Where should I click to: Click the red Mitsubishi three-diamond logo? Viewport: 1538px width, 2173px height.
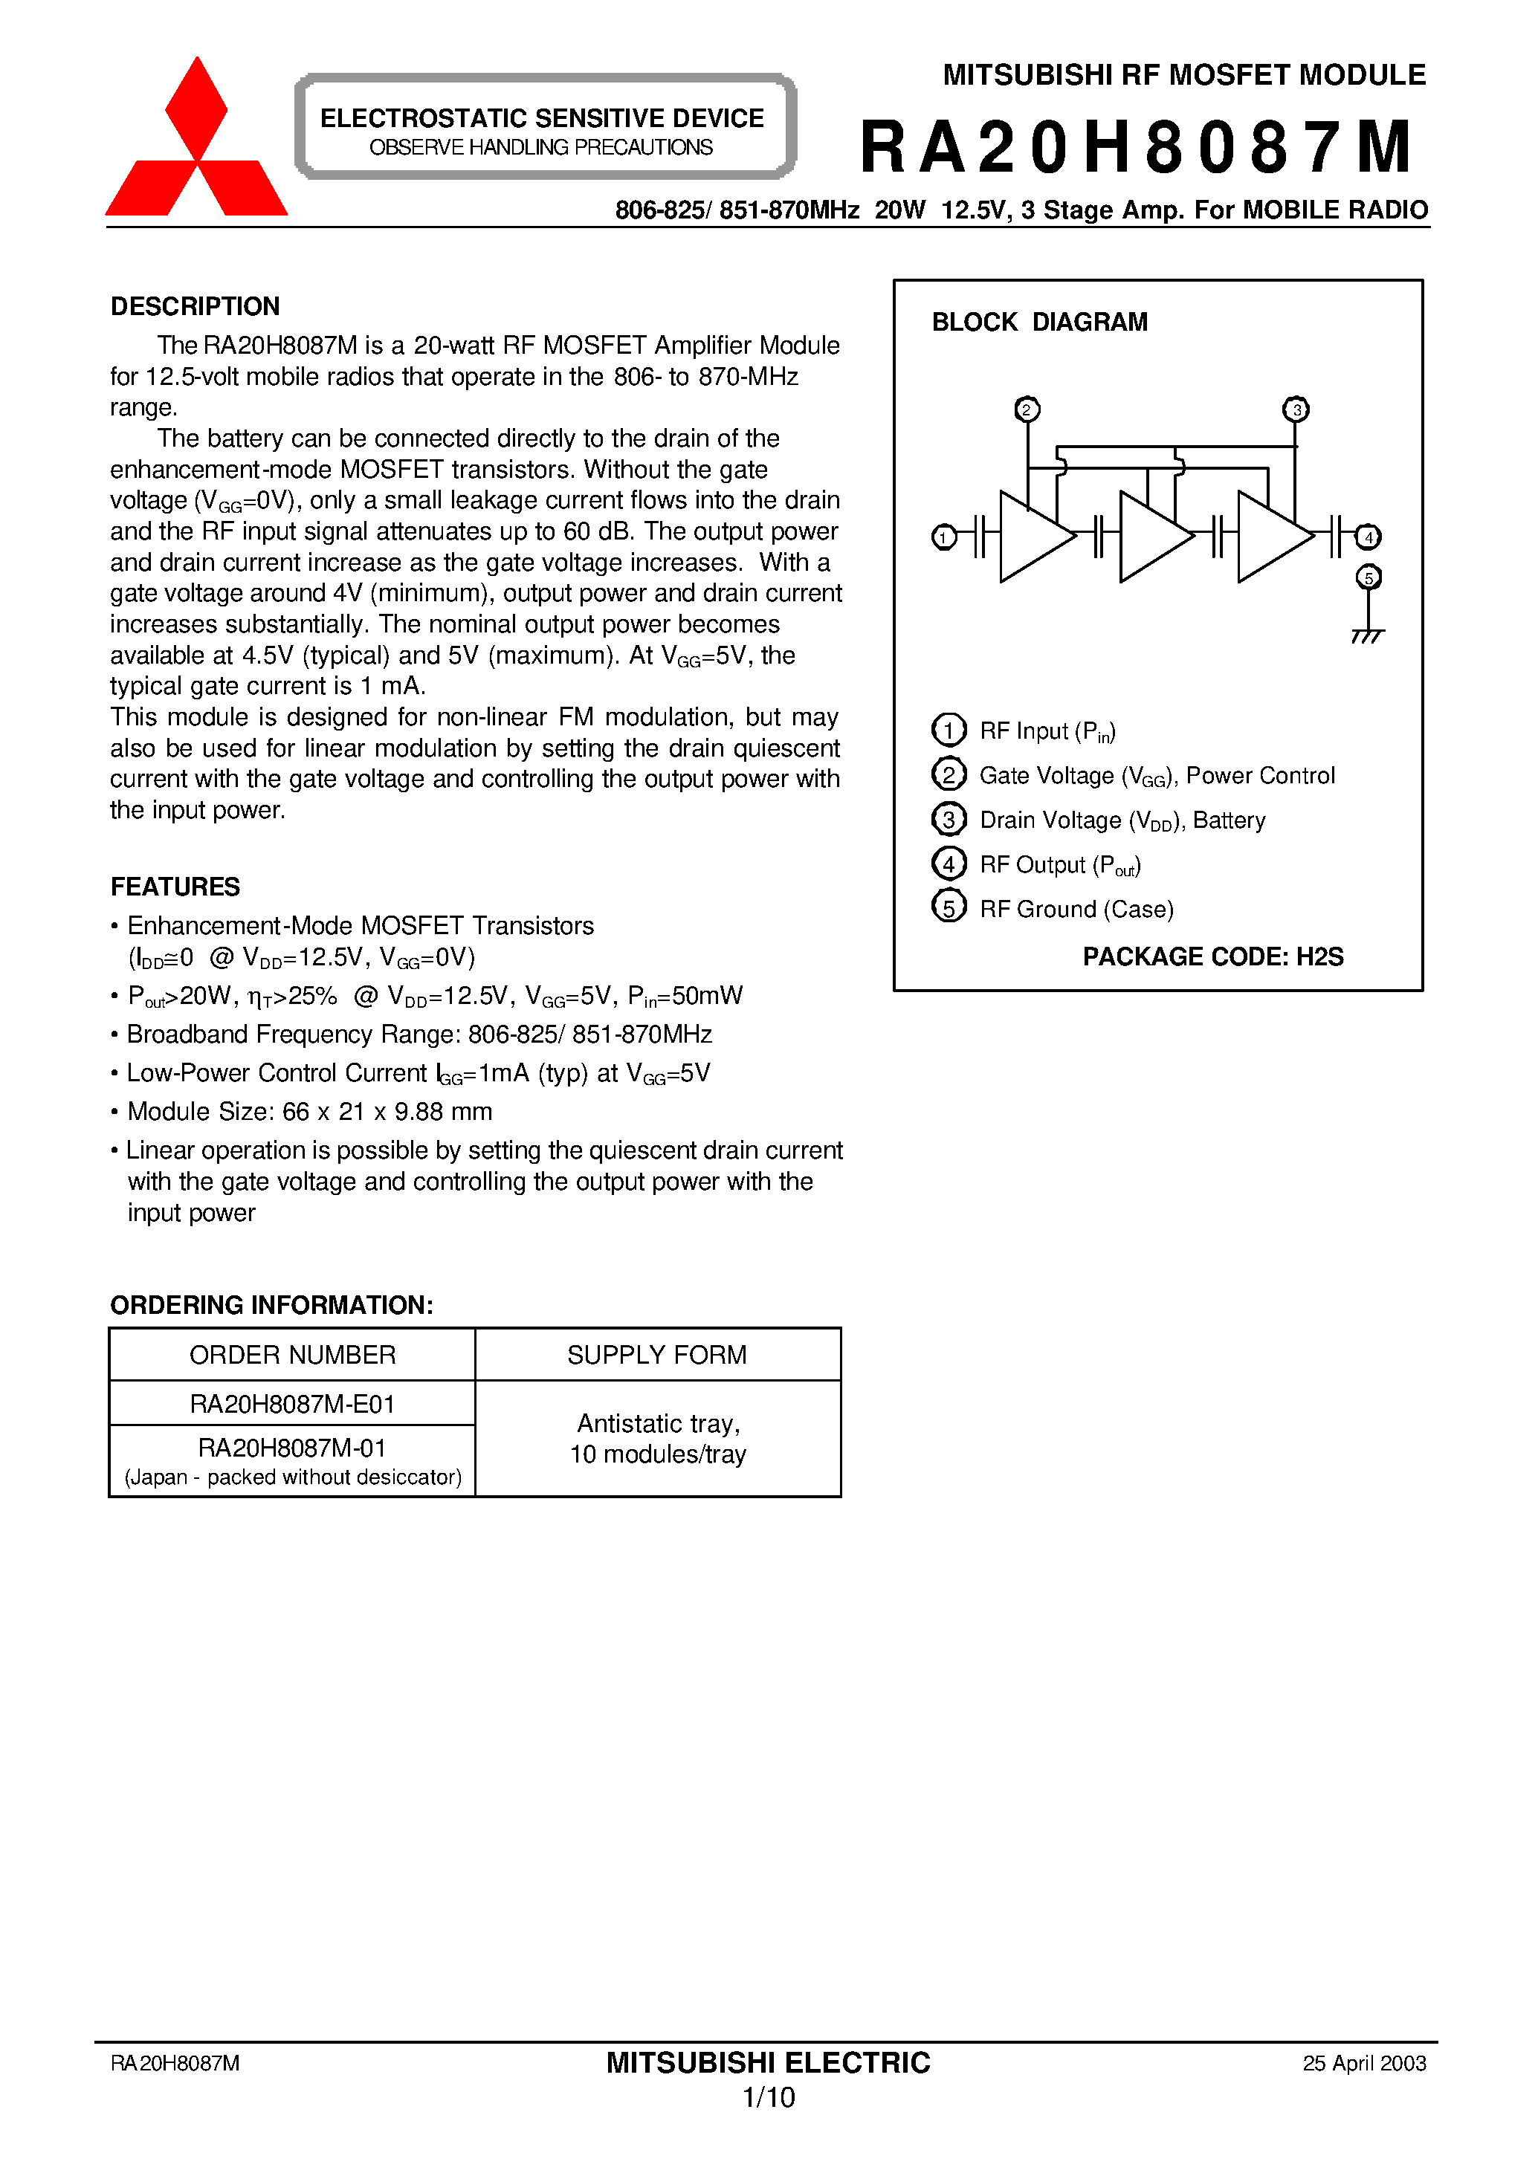pos(196,142)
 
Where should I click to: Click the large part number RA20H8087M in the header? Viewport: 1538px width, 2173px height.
pos(1136,148)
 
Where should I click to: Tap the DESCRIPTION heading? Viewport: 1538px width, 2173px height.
pos(195,307)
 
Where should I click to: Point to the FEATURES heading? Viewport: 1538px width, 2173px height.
pos(175,887)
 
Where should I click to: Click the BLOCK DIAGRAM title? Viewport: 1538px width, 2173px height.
pos(1039,323)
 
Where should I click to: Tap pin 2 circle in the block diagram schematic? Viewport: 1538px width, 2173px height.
pos(1027,409)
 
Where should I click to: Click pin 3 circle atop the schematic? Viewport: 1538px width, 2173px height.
pos(1296,409)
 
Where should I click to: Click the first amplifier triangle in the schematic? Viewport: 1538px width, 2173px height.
pos(1033,537)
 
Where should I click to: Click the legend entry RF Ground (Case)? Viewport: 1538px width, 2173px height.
pos(1076,910)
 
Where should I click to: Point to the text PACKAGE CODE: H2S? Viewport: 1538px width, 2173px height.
pos(1212,957)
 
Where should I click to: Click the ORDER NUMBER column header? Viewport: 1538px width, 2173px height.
pos(293,1355)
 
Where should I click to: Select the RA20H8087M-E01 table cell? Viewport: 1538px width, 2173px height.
pos(293,1404)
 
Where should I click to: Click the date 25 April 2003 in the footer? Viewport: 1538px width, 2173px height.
pos(1364,2063)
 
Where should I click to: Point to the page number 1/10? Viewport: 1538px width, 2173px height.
pos(768,2098)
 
